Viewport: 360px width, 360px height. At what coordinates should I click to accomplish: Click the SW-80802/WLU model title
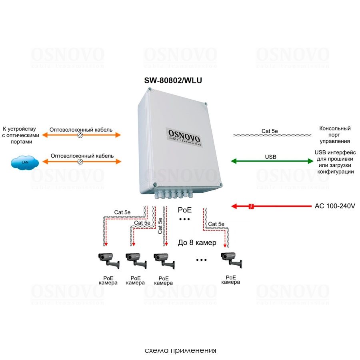pyautogui.click(x=173, y=80)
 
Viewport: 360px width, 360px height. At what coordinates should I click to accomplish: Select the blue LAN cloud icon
pyautogui.click(x=25, y=162)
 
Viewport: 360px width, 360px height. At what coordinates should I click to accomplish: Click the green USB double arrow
pyautogui.click(x=272, y=161)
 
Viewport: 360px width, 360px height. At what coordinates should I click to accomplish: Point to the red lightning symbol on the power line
pyautogui.click(x=251, y=206)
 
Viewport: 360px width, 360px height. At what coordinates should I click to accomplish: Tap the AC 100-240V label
pyautogui.click(x=335, y=206)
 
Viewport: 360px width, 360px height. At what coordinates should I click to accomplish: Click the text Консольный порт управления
pyautogui.click(x=335, y=135)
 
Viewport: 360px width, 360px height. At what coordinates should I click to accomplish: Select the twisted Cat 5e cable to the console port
pyautogui.click(x=272, y=136)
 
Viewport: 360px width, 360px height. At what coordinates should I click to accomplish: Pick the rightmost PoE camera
pyautogui.click(x=231, y=260)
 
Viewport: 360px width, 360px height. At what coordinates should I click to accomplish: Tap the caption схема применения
pyautogui.click(x=180, y=350)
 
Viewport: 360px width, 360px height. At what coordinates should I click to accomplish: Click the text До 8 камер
pyautogui.click(x=197, y=243)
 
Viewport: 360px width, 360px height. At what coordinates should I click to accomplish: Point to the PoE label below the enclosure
pyautogui.click(x=185, y=210)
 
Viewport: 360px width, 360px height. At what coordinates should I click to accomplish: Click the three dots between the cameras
pyautogui.click(x=202, y=260)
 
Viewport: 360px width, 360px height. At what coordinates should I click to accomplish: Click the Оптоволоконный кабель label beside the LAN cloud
pyautogui.click(x=82, y=156)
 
